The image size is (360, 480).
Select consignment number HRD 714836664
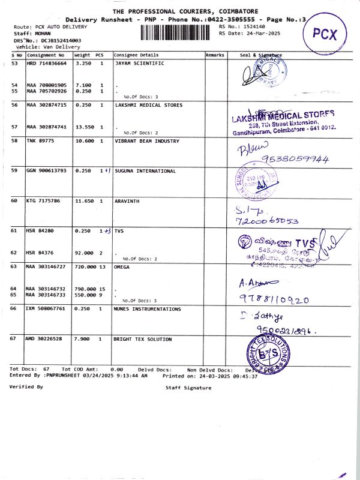47,63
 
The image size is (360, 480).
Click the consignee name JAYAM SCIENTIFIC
139,63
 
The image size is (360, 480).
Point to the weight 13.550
83,127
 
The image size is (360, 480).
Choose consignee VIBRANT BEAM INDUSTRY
147,141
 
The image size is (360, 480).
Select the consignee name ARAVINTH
127,200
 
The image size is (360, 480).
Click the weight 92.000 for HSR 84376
83,253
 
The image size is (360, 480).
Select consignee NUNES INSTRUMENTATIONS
148,309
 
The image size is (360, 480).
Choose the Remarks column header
215,55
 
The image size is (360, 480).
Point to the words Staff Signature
188,388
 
